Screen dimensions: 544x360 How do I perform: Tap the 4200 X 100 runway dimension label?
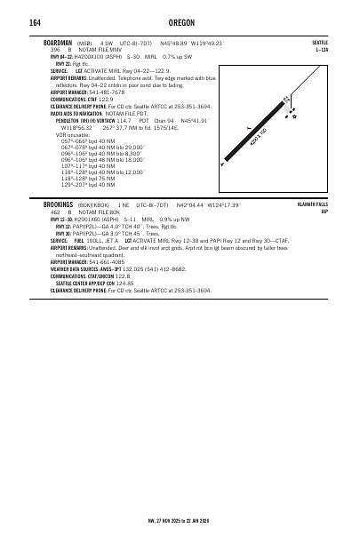[x=260, y=138]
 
